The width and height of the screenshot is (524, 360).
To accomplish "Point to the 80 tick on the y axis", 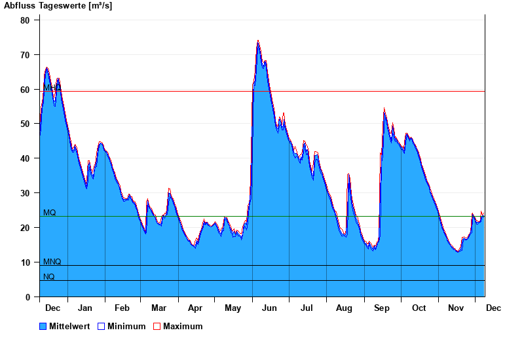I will coord(25,20).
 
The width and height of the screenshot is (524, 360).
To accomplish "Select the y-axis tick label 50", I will coord(25,124).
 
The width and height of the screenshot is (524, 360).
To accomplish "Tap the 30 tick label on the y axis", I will coord(25,193).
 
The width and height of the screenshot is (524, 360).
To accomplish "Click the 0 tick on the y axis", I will coord(28,297).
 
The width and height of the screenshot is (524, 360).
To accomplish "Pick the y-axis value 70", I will coord(25,55).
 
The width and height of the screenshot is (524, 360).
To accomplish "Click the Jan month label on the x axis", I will coord(85,308).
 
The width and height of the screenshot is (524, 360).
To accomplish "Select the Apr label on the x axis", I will coord(195,308).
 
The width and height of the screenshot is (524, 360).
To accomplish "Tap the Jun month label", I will coord(270,308).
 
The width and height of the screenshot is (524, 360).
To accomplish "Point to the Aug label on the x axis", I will coord(344,308).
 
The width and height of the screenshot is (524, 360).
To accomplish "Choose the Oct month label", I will coord(419,308).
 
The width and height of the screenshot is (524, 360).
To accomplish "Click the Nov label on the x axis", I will coord(455,308).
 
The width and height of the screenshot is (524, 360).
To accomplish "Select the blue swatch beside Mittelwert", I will coord(43,326).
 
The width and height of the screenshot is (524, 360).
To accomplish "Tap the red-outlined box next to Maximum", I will coord(157,326).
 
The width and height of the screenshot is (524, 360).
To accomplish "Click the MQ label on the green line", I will coord(50,213).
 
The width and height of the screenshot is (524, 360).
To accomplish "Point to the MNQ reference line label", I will coord(52,262).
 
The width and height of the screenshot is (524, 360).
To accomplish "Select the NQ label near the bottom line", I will coord(49,277).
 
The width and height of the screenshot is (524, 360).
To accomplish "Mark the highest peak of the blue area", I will coord(258,42).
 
